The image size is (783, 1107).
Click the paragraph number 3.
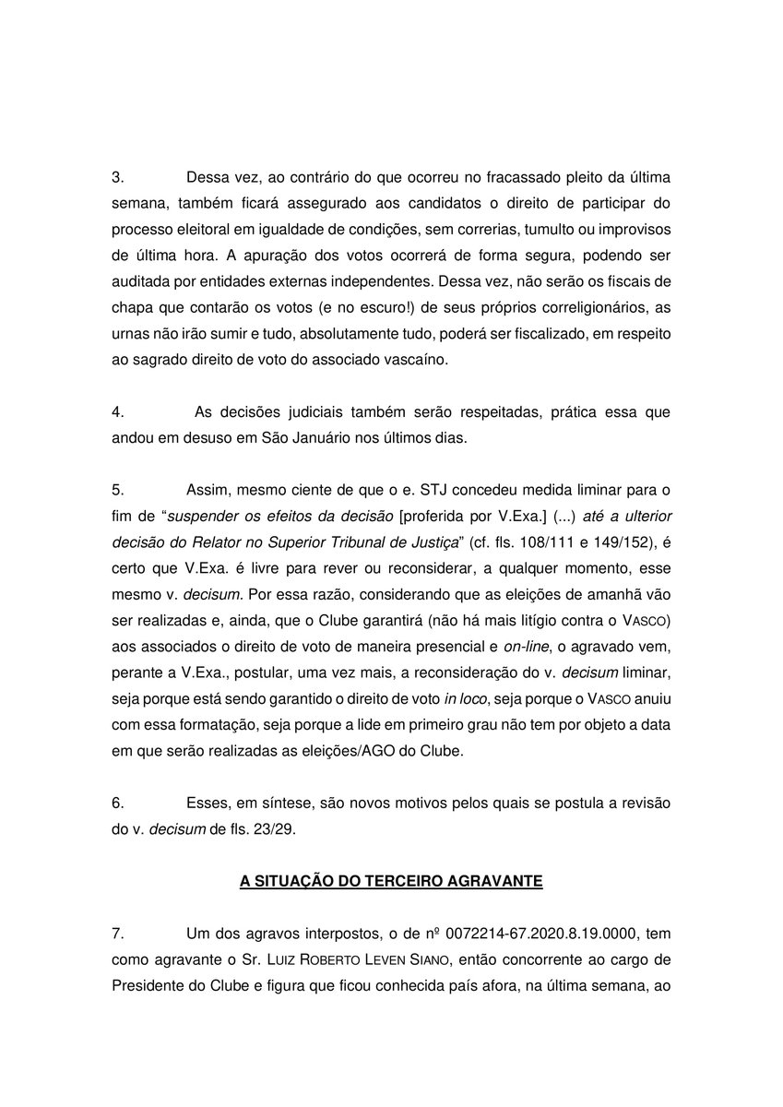pos(117,177)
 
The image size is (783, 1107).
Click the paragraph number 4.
pos(117,411)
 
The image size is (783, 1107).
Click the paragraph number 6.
pos(117,803)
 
